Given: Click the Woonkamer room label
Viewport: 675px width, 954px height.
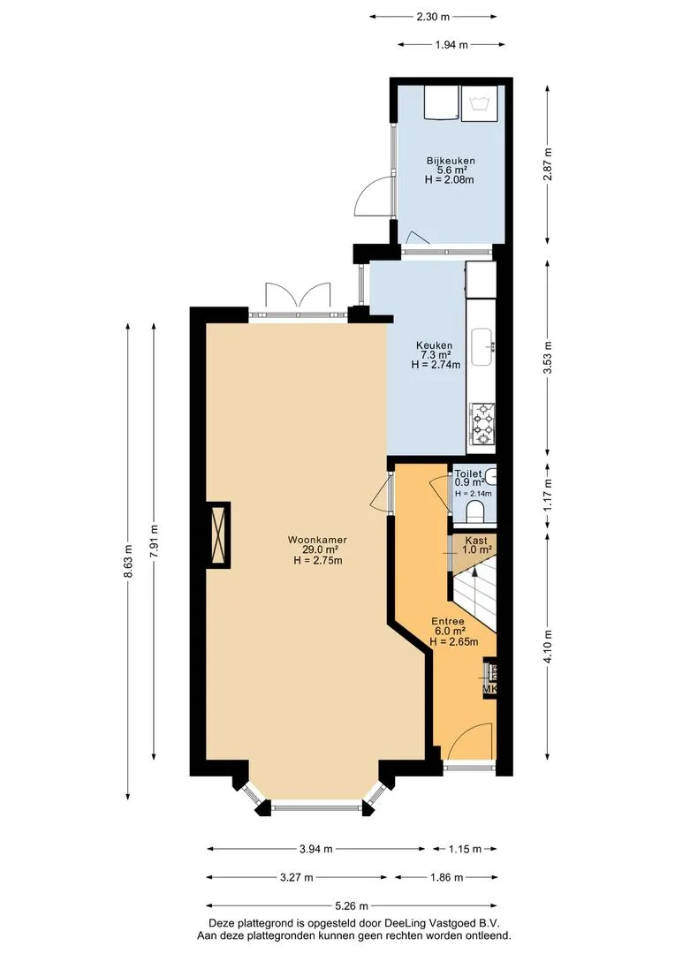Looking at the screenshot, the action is pos(317,540).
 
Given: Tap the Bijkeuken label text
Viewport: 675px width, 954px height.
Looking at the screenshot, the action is pos(451,161).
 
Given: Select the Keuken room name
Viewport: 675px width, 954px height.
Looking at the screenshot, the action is pos(434,345).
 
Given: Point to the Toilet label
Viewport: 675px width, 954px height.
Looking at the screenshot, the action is pos(468,473).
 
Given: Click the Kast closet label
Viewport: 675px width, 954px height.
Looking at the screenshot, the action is pos(476,541).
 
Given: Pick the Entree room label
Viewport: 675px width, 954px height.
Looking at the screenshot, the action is pos(448,621).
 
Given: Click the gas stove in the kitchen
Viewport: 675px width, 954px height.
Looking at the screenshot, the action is pos(482,423).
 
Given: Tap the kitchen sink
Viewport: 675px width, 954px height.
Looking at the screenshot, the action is pos(482,347).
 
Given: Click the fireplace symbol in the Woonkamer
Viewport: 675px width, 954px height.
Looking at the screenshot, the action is pos(218,535).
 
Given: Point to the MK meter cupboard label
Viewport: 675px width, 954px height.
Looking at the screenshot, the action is pos(490,689).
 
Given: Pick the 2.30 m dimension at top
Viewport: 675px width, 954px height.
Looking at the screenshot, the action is pos(433,17).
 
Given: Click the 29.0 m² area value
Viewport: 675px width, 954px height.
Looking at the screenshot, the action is pos(316,550).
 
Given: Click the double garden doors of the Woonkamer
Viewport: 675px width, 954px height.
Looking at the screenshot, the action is pos(299,296).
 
